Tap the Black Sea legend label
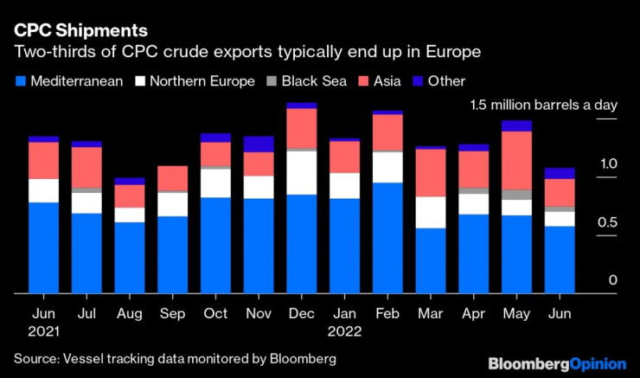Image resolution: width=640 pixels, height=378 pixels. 317,81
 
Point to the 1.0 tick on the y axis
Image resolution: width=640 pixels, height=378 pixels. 608,163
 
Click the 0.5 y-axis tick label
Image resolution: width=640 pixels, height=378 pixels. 608,222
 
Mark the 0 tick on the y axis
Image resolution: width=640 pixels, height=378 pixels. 612,280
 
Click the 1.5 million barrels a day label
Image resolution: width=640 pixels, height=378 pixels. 543,105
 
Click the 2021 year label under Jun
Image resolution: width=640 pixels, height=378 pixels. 43,330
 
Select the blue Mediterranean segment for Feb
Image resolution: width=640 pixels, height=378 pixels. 387,238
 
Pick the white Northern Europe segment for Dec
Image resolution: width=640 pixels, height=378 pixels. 302,172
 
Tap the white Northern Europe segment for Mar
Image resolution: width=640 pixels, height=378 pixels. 430,212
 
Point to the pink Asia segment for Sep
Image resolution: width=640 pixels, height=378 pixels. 173,177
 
